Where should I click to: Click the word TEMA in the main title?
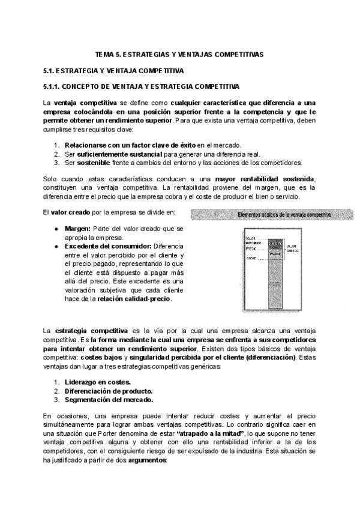click(106, 54)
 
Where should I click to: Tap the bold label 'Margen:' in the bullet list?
click(77, 229)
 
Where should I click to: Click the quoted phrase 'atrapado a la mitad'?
click(208, 433)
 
